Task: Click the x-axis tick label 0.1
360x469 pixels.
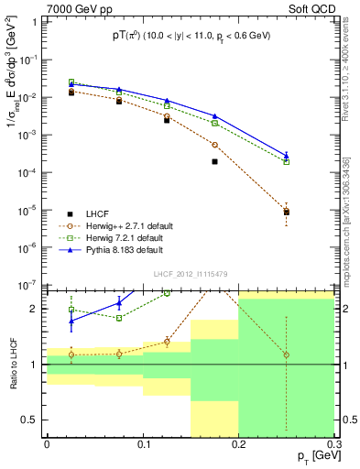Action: click(x=142, y=443)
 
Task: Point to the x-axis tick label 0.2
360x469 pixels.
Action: click(x=238, y=443)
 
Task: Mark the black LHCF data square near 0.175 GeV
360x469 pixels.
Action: click(x=214, y=162)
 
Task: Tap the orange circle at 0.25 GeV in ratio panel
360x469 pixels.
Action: click(x=286, y=354)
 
